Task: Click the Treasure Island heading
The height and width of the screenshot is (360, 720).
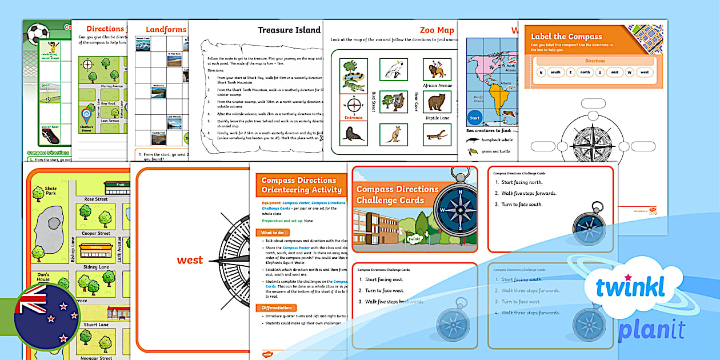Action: tap(289, 30)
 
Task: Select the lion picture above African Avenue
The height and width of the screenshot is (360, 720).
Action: tap(437, 70)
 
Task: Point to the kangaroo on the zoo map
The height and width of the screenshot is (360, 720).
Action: tap(393, 135)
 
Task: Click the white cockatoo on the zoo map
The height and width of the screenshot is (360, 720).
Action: tap(393, 70)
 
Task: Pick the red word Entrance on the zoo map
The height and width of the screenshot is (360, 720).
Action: tap(353, 118)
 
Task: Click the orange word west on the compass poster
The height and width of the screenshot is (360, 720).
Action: tap(190, 261)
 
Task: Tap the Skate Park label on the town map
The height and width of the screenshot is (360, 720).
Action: tap(51, 191)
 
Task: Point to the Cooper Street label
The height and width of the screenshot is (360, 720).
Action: tap(96, 233)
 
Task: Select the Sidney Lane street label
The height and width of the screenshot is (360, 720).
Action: tap(96, 266)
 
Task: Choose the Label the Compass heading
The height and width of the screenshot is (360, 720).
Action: tap(566, 37)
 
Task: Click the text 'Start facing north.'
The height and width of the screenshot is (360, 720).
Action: tap(525, 182)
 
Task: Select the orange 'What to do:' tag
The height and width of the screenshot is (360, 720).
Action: tap(275, 233)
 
